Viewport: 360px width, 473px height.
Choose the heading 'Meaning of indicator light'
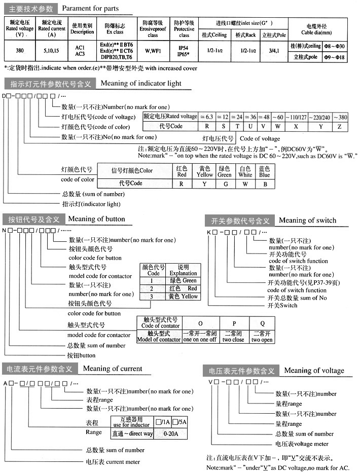(141, 83)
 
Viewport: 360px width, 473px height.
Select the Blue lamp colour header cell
(264, 171)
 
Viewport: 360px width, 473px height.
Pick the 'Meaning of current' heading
(112, 369)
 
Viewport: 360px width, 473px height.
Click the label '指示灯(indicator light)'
(91, 204)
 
